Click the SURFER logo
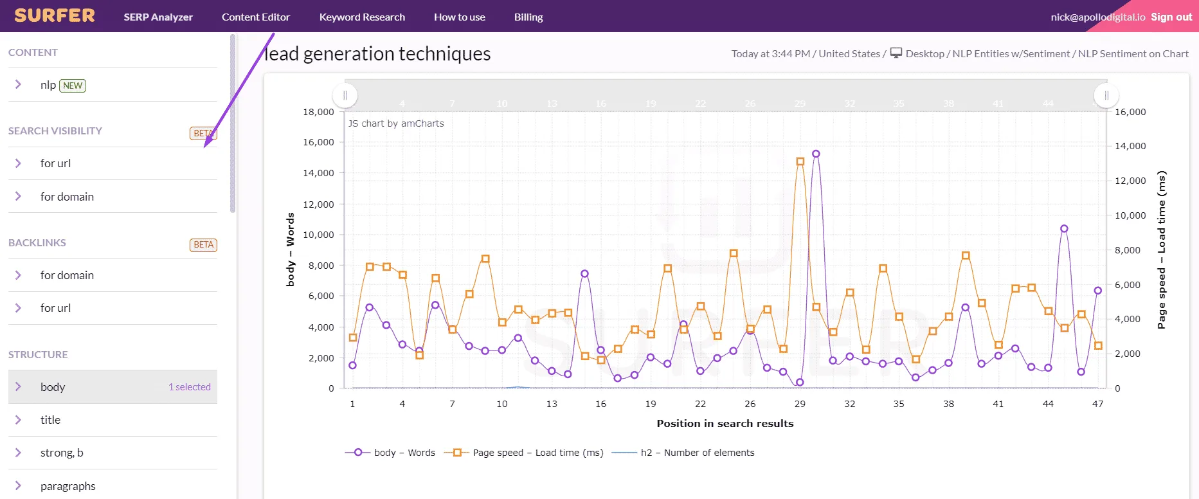point(55,15)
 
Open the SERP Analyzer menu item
point(158,17)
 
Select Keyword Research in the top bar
point(362,17)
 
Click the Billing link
point(528,17)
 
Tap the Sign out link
point(1171,17)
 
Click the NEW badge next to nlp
point(73,86)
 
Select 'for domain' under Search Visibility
point(67,197)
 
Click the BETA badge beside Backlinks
point(203,245)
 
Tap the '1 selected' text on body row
point(190,387)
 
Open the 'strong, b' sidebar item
point(62,453)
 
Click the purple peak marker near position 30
point(816,154)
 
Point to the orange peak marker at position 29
point(800,161)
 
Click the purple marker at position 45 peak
point(1064,228)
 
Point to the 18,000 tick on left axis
point(318,112)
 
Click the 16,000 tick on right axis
point(1130,112)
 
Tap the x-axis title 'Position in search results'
point(725,423)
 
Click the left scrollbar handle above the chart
point(345,95)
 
